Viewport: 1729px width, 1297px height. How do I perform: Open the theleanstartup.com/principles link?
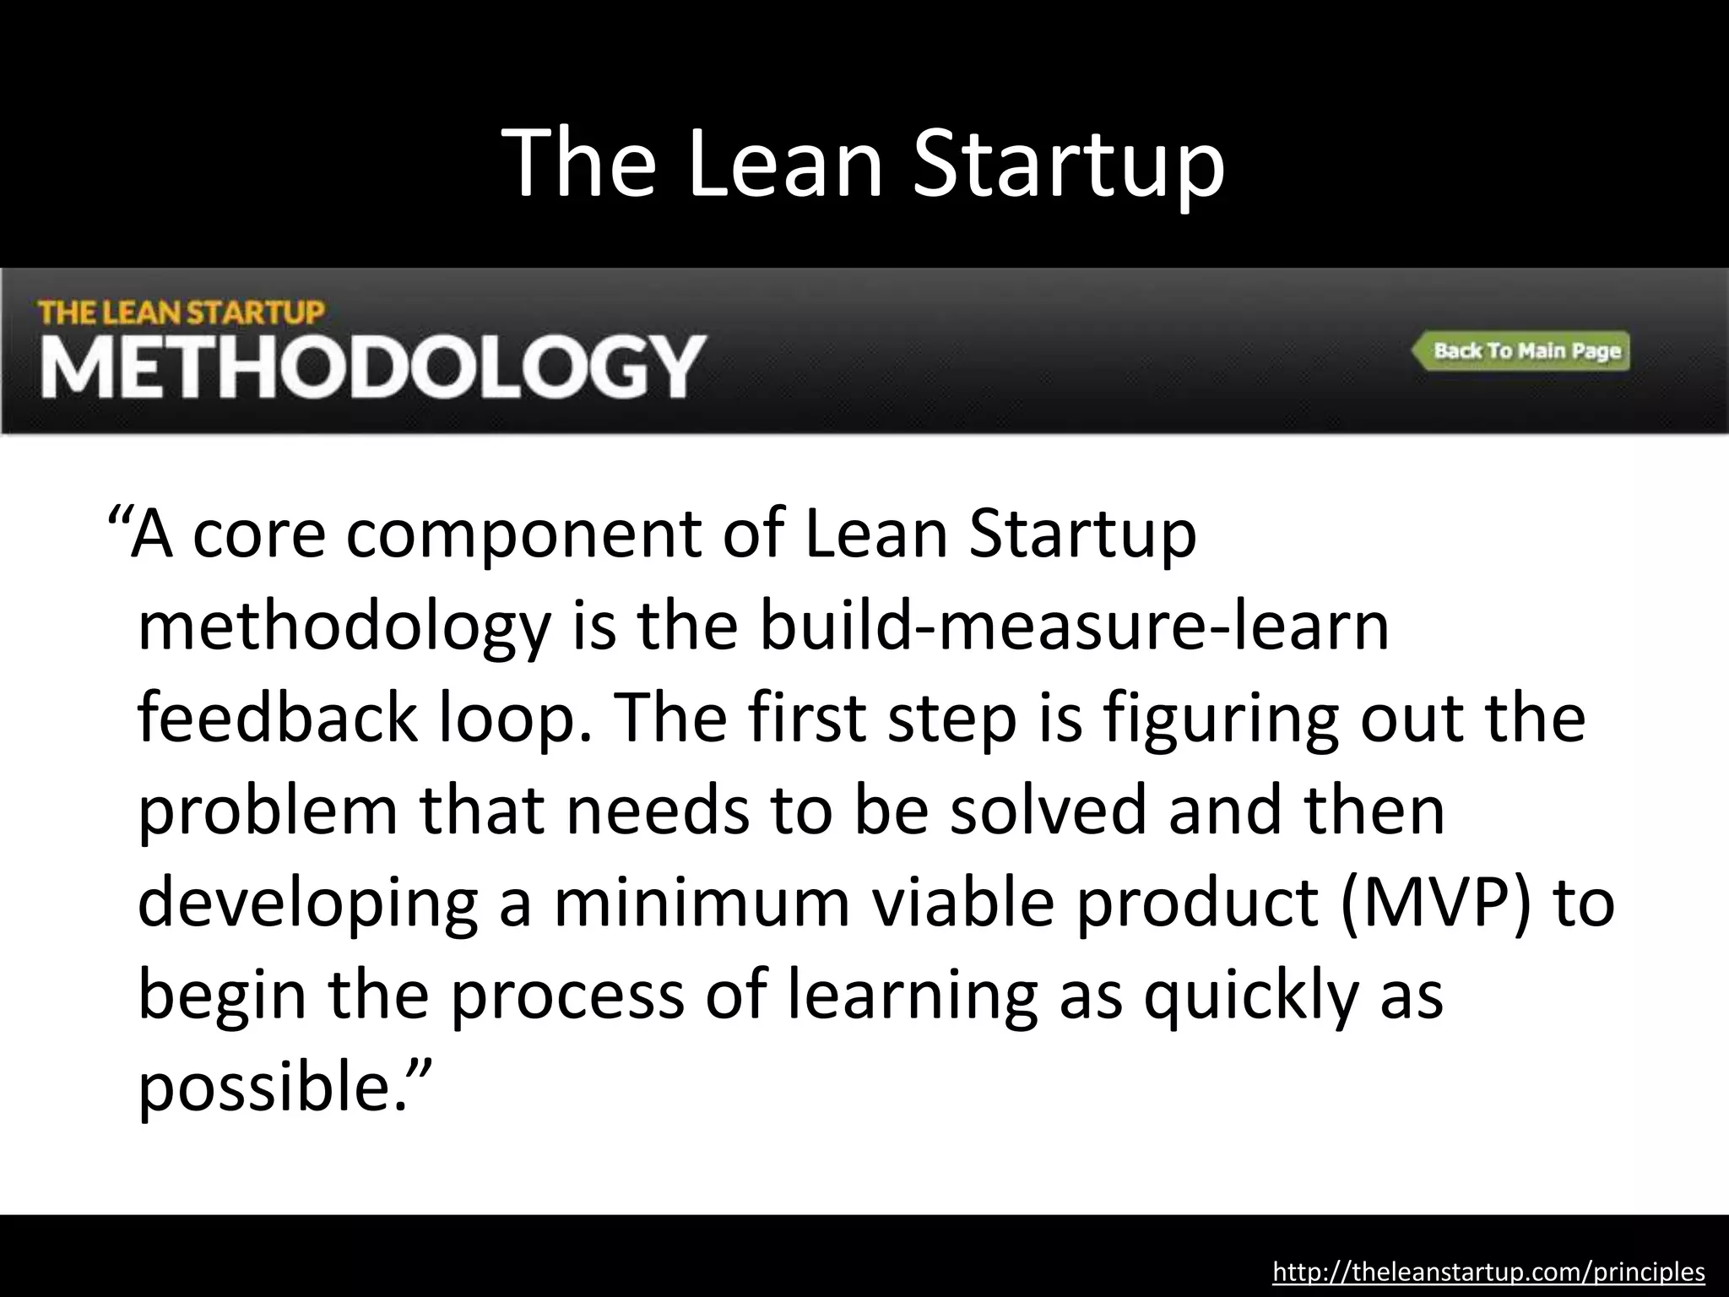coord(1488,1272)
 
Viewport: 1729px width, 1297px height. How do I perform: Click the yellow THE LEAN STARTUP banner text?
coord(182,313)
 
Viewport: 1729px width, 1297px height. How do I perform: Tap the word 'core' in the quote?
coord(258,535)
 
